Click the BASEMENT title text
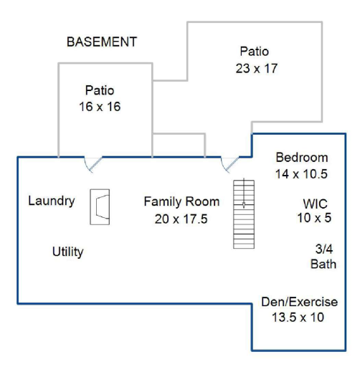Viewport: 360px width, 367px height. coord(102,42)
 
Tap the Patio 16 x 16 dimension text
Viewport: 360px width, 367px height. coord(100,107)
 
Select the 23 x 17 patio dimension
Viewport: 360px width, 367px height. coord(257,68)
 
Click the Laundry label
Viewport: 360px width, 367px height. coord(52,201)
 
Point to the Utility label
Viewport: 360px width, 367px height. coord(68,252)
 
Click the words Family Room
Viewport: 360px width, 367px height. coord(181,201)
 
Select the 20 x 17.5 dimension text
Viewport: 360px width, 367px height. coord(181,219)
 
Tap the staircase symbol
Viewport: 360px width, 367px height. coord(244,214)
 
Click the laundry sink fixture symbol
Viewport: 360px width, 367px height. coord(100,207)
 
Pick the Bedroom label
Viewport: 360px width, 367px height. coord(302,158)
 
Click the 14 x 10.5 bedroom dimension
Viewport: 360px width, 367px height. coord(301,174)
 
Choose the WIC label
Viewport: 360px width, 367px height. coord(315,204)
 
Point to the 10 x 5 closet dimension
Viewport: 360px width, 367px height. coord(314,218)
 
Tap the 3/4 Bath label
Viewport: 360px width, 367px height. coord(323,257)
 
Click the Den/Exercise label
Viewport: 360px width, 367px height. coord(300,302)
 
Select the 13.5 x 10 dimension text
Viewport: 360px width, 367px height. coord(298,318)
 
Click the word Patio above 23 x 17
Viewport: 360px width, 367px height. coord(255,52)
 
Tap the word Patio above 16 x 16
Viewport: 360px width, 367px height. coord(100,90)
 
